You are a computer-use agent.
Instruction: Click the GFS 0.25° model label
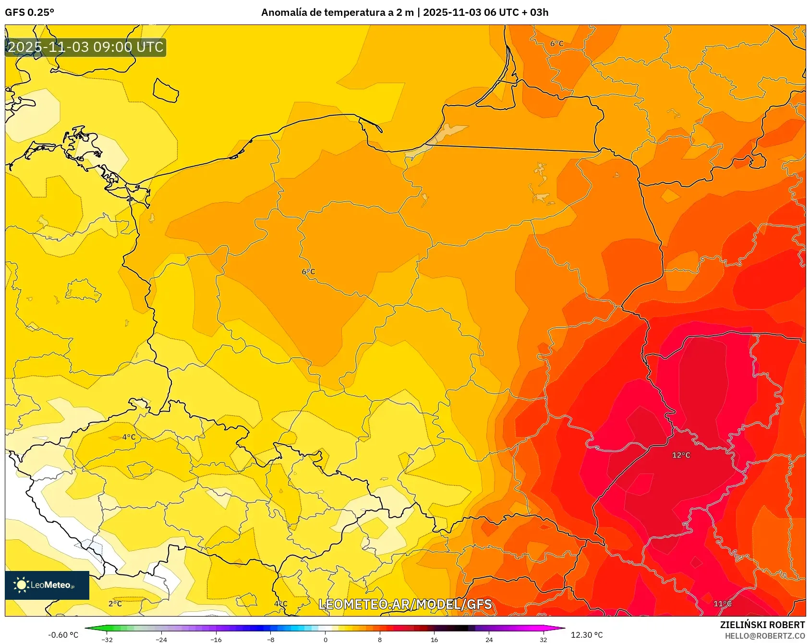pyautogui.click(x=29, y=12)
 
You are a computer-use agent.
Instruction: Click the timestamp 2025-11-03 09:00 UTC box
pyautogui.click(x=85, y=47)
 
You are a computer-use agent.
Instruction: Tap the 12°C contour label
pyautogui.click(x=681, y=455)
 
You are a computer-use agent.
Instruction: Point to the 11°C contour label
pyautogui.click(x=722, y=604)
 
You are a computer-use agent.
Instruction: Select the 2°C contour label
pyautogui.click(x=115, y=604)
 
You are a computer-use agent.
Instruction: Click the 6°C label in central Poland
pyautogui.click(x=308, y=272)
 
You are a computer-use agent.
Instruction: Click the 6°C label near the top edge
pyautogui.click(x=556, y=44)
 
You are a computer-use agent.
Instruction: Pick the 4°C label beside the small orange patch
pyautogui.click(x=129, y=437)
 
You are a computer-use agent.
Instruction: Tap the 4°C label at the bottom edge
pyautogui.click(x=281, y=604)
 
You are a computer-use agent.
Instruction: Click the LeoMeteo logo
pyautogui.click(x=47, y=585)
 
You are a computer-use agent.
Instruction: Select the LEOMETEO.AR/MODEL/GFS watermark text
pyautogui.click(x=405, y=604)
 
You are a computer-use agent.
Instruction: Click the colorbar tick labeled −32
pyautogui.click(x=107, y=639)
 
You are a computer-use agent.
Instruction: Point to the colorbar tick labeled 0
pyautogui.click(x=326, y=639)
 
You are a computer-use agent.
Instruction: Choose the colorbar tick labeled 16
pyautogui.click(x=435, y=639)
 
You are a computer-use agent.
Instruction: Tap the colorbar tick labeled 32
pyautogui.click(x=544, y=639)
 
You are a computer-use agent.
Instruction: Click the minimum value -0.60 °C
pyautogui.click(x=63, y=635)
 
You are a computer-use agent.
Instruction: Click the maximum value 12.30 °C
pyautogui.click(x=587, y=635)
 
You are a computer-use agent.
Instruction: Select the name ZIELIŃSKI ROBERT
pyautogui.click(x=762, y=625)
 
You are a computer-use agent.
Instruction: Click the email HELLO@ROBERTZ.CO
pyautogui.click(x=764, y=636)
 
